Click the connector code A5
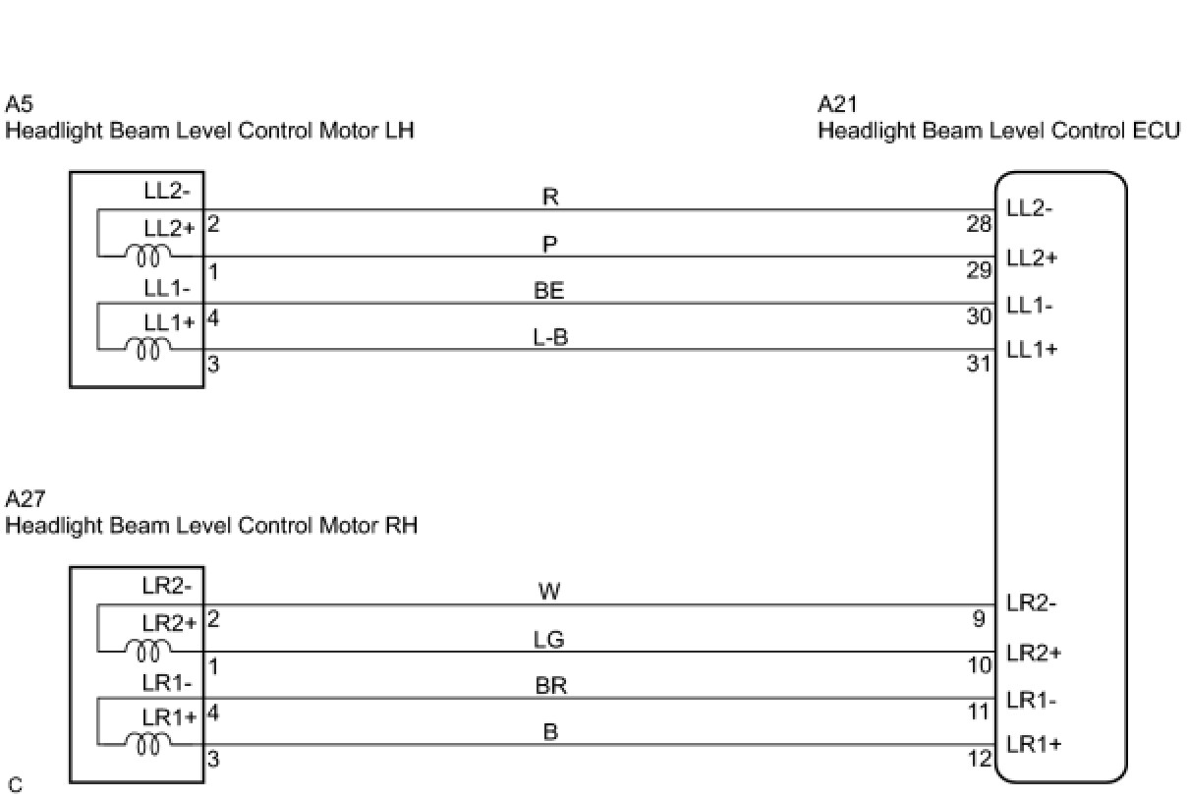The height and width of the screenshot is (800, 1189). [19, 104]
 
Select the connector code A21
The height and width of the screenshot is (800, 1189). [837, 104]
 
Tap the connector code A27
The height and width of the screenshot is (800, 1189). [25, 499]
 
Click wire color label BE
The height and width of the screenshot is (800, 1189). [549, 291]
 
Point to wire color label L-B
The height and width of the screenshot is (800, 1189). [550, 337]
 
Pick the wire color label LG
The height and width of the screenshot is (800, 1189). [548, 640]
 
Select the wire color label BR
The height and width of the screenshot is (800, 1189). [550, 686]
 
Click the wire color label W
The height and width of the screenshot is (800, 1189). [549, 592]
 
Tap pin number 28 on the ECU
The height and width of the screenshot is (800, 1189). [978, 224]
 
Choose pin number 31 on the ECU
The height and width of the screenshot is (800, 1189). [978, 365]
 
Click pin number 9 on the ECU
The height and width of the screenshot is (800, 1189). [980, 619]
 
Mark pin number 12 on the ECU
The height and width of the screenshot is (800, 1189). [980, 759]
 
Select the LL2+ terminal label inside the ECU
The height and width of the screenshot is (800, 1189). [1032, 257]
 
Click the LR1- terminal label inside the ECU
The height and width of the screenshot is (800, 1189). [1032, 701]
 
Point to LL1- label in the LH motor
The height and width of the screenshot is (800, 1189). [167, 289]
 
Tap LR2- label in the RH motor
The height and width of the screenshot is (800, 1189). [167, 586]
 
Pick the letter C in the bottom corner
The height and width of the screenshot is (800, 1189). [15, 784]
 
